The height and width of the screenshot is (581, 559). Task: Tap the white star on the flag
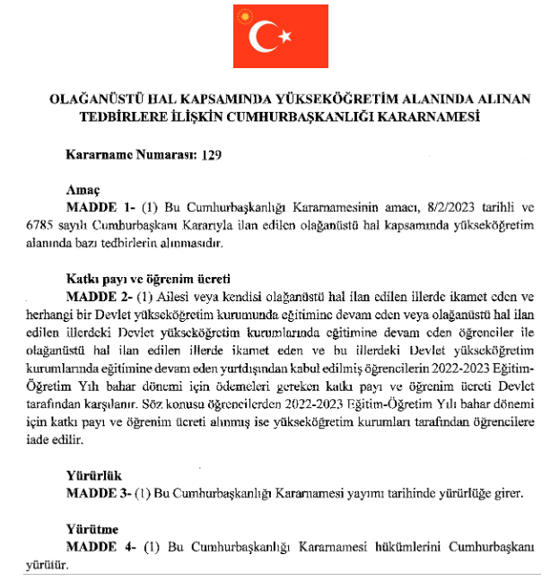pyautogui.click(x=286, y=37)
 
